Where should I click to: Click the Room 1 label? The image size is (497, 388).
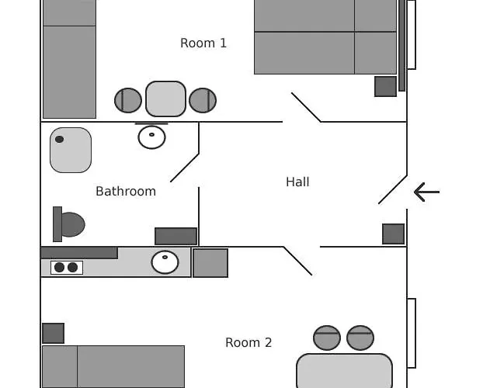[x=203, y=43]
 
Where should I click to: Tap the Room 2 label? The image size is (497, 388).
[x=248, y=342]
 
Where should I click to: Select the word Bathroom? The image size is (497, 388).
[x=126, y=192]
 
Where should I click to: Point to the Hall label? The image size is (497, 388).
[x=297, y=182]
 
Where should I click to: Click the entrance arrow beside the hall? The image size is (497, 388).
[x=426, y=192]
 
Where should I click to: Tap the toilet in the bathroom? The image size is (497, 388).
[x=69, y=224]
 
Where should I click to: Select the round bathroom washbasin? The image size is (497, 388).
[x=152, y=137]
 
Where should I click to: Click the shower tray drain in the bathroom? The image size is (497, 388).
[x=59, y=139]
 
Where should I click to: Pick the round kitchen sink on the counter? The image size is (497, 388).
[x=165, y=262]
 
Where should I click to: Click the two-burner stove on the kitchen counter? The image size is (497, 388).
[x=67, y=267]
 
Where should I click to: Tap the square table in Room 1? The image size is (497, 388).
[x=165, y=99]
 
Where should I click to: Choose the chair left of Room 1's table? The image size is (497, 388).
[x=128, y=100]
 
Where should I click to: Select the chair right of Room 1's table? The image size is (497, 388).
[x=203, y=100]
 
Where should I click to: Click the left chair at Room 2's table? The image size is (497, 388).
[x=327, y=338]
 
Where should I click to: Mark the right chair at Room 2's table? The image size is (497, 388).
[x=360, y=338]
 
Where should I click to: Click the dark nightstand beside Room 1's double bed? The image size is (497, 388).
[x=385, y=86]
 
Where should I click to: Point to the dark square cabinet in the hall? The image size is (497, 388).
[x=394, y=234]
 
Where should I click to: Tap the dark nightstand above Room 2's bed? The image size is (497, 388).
[x=54, y=333]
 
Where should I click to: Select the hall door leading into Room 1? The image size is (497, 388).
[x=306, y=107]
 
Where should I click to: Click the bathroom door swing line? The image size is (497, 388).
[x=185, y=168]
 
